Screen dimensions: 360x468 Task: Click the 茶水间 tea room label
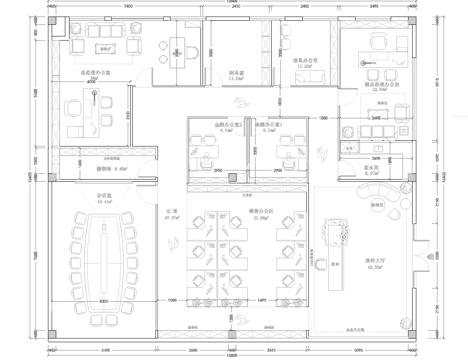click(372, 169)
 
